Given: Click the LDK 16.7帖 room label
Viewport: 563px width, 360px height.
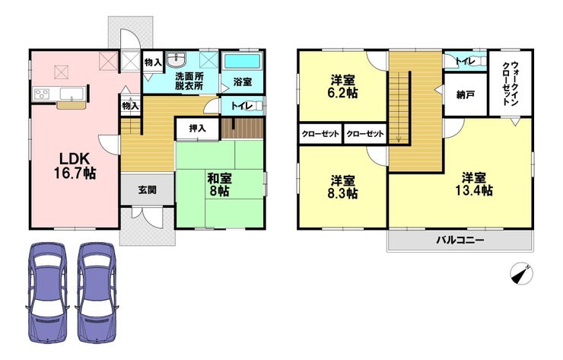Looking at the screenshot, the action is (x=75, y=166).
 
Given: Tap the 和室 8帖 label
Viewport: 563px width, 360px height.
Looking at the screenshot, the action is (x=220, y=184).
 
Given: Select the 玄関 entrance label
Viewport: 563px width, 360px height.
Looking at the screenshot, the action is (x=147, y=190).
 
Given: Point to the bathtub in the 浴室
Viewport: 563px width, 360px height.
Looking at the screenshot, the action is (x=242, y=61).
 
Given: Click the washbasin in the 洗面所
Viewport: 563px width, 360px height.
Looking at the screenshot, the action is (x=176, y=59).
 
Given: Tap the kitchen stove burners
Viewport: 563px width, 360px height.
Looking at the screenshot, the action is (x=43, y=94).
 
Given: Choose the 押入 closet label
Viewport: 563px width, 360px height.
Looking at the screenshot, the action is (x=197, y=129).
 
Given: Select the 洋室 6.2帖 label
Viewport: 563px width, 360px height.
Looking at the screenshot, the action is (x=344, y=87).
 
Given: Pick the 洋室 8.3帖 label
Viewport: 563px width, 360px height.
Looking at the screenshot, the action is (x=344, y=186).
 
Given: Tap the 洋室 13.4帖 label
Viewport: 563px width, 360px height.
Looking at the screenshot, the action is (x=474, y=184).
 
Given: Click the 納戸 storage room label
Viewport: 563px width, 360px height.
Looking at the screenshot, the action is (x=466, y=95).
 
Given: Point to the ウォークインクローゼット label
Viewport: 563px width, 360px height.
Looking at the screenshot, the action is (x=511, y=84).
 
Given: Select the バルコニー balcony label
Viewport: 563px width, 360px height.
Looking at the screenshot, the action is (x=460, y=240).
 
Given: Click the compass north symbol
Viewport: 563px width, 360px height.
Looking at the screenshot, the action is (x=521, y=274).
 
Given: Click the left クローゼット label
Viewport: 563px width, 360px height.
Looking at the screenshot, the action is (x=320, y=134).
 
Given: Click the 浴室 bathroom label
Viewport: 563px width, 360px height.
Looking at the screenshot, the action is (x=243, y=81).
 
